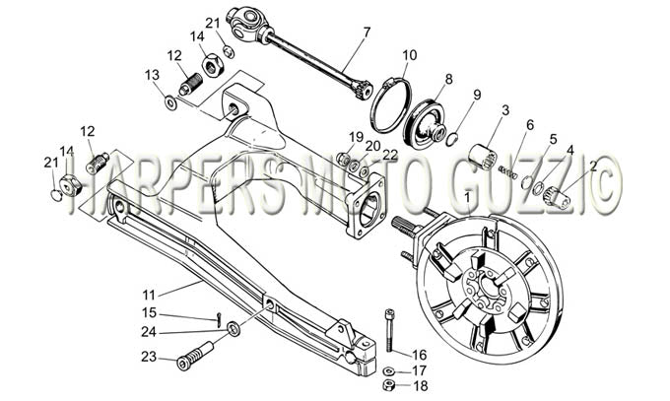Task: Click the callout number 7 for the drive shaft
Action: [x=367, y=33]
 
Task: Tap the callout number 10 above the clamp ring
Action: [x=409, y=55]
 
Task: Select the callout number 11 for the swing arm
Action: [x=149, y=295]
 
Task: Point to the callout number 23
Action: [x=149, y=356]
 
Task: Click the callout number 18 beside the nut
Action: [x=421, y=386]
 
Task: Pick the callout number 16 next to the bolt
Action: [x=419, y=355]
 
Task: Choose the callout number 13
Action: [x=152, y=75]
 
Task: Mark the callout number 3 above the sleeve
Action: [x=505, y=110]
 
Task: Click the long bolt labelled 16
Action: [x=389, y=330]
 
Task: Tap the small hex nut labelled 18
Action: [x=388, y=384]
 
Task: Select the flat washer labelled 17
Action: [x=389, y=369]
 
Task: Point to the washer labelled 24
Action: [x=234, y=328]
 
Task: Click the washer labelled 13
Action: [x=171, y=103]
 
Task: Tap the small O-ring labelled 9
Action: [x=452, y=139]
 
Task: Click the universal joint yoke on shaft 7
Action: [x=246, y=22]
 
